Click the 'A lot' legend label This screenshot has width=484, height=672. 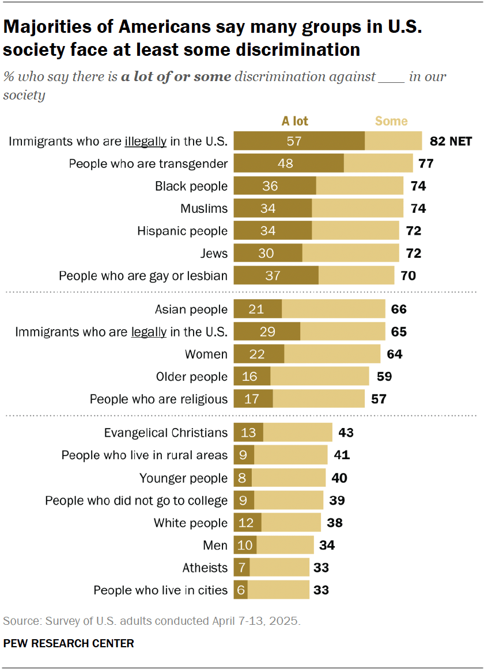(x=294, y=121)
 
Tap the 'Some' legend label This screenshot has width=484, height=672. (x=391, y=121)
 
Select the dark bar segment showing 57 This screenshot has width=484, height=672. (x=299, y=141)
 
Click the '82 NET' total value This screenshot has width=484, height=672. (x=451, y=141)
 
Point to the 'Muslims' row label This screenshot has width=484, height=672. (x=204, y=208)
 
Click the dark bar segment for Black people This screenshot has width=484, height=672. (x=275, y=186)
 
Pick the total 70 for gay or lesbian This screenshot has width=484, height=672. (x=408, y=276)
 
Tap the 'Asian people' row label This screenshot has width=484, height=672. (x=191, y=310)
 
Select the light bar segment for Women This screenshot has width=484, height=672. (x=332, y=354)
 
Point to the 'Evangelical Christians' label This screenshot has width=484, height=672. (x=166, y=433)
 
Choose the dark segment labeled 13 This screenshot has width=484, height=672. (x=248, y=433)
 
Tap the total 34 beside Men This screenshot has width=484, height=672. (x=327, y=545)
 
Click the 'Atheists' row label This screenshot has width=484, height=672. (x=205, y=568)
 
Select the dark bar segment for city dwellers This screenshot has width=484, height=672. (x=241, y=590)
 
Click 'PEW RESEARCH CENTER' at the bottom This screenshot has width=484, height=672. (x=69, y=643)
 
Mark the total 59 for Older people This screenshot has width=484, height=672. (x=384, y=377)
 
